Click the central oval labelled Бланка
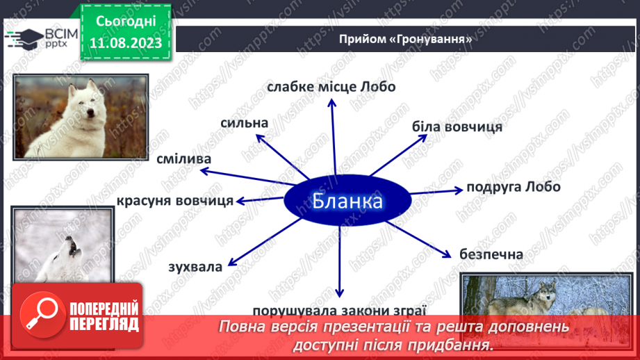pyautogui.click(x=347, y=202)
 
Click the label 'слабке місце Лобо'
pyautogui.click(x=331, y=87)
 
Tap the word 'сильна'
pyautogui.click(x=244, y=123)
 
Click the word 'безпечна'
pyautogui.click(x=491, y=254)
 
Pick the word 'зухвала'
pyautogui.click(x=195, y=266)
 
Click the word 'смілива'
pyautogui.click(x=184, y=158)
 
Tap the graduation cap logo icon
pyautogui.click(x=23, y=38)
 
